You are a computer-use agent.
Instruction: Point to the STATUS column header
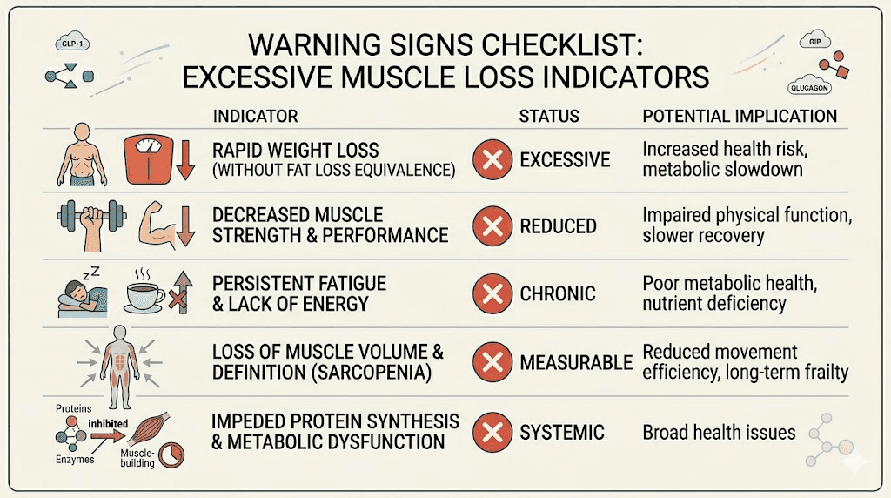tap(549, 116)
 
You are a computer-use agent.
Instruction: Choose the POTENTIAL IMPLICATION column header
tap(740, 116)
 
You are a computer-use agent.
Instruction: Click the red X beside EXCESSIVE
tap(492, 159)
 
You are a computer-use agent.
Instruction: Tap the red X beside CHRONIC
tap(492, 294)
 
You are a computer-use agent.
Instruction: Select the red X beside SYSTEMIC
tap(492, 431)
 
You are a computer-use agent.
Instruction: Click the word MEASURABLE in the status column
tap(576, 361)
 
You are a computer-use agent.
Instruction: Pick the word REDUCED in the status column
tap(558, 226)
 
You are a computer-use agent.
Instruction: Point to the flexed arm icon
tap(160, 226)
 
